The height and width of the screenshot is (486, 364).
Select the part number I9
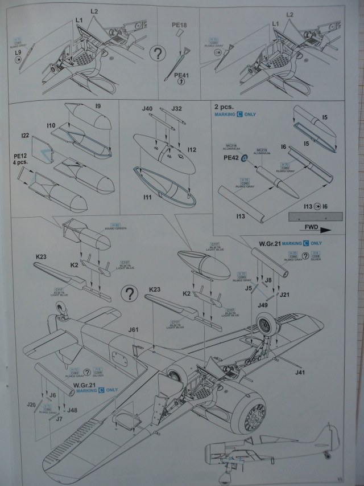click(98, 106)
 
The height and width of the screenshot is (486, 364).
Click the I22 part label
click(24, 135)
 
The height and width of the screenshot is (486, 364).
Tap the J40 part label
click(147, 109)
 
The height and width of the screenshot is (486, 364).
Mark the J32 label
click(176, 108)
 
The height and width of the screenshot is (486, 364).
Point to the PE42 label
click(231, 158)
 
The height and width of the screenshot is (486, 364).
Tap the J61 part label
click(134, 329)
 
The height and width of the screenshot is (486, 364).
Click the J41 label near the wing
click(301, 372)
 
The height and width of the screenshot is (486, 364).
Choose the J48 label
click(72, 409)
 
